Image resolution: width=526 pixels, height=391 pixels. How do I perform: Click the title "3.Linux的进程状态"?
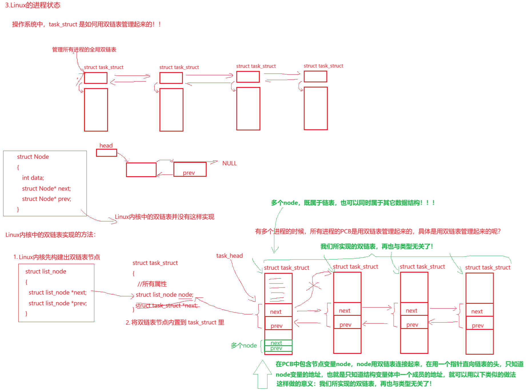pyautogui.click(x=33, y=5)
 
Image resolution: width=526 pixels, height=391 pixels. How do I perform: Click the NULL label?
pyautogui.click(x=229, y=163)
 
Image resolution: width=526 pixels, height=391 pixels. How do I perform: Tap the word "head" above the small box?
pyautogui.click(x=106, y=145)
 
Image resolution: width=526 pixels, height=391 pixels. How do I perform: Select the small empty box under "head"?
pyautogui.click(x=106, y=153)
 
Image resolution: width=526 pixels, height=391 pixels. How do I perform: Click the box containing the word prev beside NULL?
pyautogui.click(x=190, y=169)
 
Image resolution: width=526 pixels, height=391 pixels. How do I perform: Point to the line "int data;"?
pyautogui.click(x=33, y=178)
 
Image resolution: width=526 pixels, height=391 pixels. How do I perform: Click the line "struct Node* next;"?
pyautogui.click(x=46, y=188)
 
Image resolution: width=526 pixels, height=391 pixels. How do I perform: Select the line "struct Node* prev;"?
pyautogui.click(x=47, y=199)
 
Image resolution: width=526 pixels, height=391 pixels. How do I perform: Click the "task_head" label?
pyautogui.click(x=229, y=256)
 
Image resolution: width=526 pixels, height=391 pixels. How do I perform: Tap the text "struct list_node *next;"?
pyautogui.click(x=57, y=292)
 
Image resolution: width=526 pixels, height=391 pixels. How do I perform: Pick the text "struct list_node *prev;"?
pyautogui.click(x=57, y=303)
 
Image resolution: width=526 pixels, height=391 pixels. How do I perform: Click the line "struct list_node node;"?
pyautogui.click(x=165, y=295)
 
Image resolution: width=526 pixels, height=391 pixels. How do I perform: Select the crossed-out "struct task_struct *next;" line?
pyautogui.click(x=167, y=305)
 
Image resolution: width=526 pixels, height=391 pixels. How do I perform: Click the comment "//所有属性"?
pyautogui.click(x=152, y=284)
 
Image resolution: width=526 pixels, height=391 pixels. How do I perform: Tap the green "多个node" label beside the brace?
pyautogui.click(x=244, y=346)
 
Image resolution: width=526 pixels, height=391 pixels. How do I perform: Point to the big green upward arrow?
pyautogui.click(x=262, y=374)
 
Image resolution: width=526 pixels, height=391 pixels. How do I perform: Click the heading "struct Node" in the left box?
pyautogui.click(x=33, y=157)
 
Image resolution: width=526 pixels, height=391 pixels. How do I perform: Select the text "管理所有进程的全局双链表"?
pyautogui.click(x=84, y=49)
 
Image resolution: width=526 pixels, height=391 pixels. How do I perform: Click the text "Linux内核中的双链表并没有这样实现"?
pyautogui.click(x=164, y=217)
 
